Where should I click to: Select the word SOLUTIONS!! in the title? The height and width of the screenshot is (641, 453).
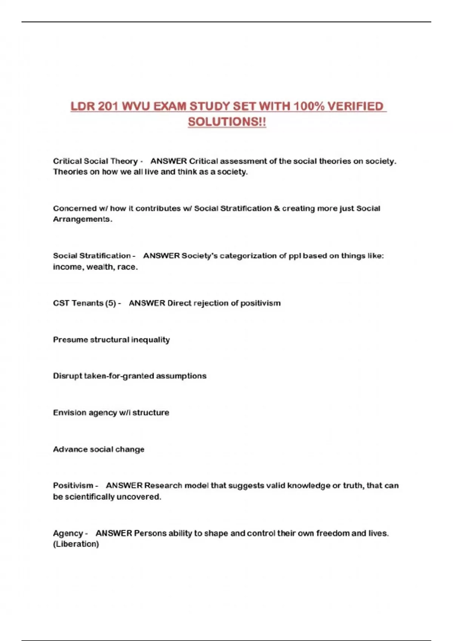point(227,122)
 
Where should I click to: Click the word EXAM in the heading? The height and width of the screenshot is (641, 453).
point(170,107)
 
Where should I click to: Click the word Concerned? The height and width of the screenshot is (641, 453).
point(75,209)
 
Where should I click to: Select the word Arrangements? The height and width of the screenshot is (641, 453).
point(82,219)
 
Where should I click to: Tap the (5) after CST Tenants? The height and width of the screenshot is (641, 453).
point(111,303)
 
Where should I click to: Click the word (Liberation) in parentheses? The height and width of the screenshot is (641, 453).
point(76,544)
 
